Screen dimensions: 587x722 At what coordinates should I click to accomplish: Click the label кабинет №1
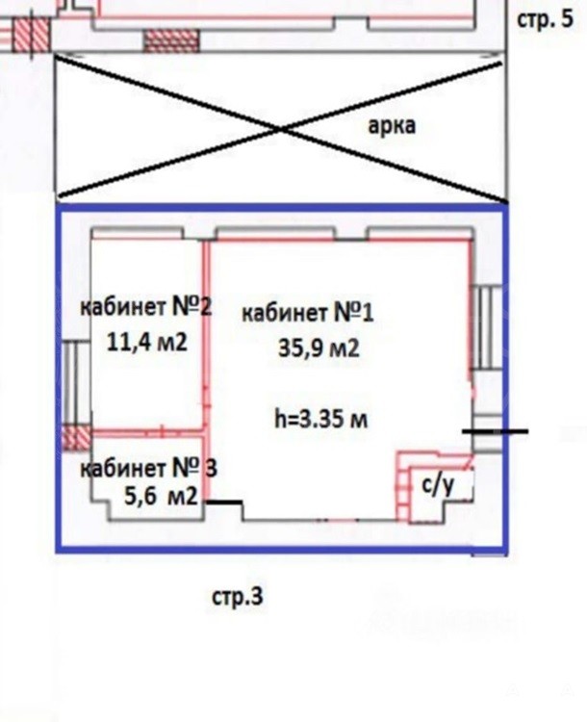[308, 313]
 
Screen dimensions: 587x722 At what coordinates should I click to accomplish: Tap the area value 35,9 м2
[319, 348]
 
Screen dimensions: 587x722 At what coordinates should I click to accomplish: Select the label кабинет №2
[146, 306]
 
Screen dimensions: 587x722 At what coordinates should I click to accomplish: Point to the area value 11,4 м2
[147, 342]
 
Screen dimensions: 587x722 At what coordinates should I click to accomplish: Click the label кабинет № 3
[148, 468]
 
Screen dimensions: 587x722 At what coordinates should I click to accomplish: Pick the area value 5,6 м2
[161, 497]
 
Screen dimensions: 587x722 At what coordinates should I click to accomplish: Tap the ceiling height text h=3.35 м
[320, 419]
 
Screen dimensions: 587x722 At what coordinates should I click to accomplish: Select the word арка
[392, 125]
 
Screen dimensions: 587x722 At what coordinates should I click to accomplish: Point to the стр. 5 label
[546, 19]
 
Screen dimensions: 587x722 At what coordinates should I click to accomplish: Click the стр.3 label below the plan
[238, 596]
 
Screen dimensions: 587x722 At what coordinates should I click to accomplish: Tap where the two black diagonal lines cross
[282, 130]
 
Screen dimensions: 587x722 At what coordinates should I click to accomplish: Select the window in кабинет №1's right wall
[486, 328]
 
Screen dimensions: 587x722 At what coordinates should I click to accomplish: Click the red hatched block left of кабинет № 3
[76, 438]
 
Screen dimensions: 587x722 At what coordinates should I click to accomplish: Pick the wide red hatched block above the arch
[171, 40]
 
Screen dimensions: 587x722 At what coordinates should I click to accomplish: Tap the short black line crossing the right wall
[496, 431]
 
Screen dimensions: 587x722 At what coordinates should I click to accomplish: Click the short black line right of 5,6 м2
[223, 502]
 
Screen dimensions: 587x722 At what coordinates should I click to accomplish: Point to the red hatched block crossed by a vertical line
[31, 35]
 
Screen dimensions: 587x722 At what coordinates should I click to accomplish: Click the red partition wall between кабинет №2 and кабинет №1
[206, 370]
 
